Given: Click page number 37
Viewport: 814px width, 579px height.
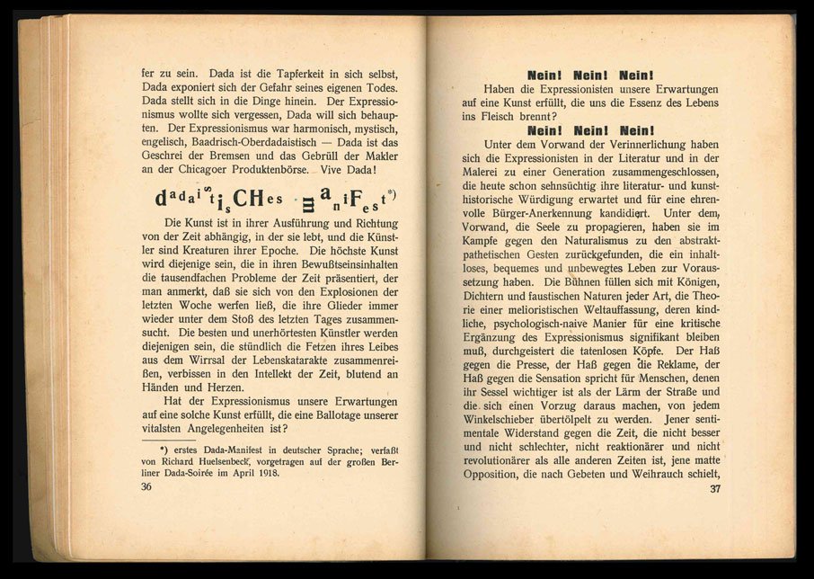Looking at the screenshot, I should (x=715, y=489).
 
